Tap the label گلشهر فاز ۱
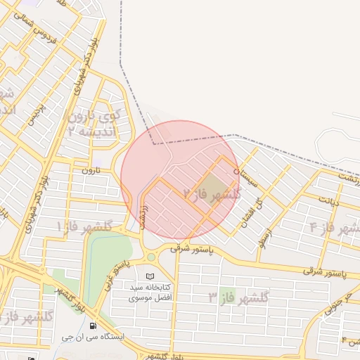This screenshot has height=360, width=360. coord(86,226)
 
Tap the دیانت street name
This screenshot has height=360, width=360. coord(330,202)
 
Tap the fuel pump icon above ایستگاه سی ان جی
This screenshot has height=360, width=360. coord(94,325)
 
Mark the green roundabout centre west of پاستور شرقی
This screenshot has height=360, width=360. coord(151,257)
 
